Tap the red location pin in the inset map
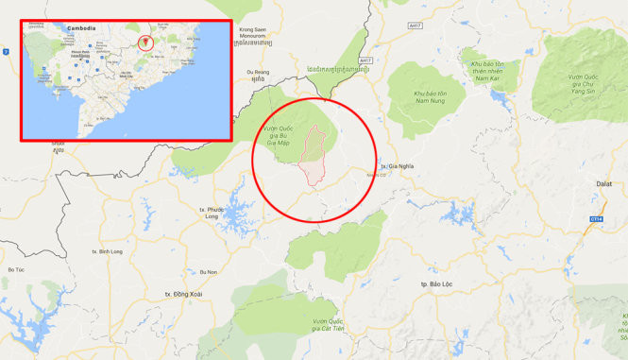[x=144, y=42]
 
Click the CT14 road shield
[x=597, y=218]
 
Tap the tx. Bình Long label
[x=108, y=252]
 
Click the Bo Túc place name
[x=16, y=270]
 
